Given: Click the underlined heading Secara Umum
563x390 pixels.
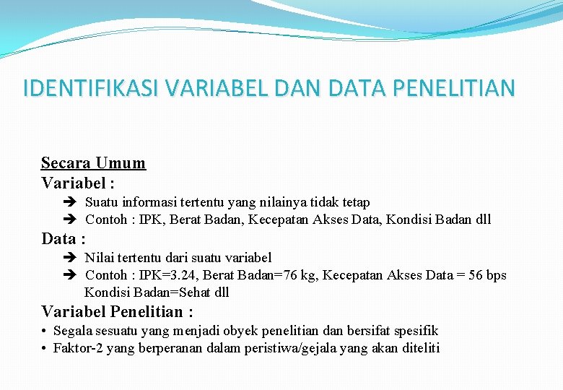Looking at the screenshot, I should tap(93, 162).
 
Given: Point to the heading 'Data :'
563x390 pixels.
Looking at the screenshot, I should tap(64, 238).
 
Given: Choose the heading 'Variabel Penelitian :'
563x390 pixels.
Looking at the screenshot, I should tap(117, 312).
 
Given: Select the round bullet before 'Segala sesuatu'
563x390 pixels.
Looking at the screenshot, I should tap(45, 331).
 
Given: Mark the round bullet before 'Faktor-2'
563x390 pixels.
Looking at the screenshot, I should tap(45, 349).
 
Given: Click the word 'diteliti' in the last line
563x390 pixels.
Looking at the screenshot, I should tap(419, 349).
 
